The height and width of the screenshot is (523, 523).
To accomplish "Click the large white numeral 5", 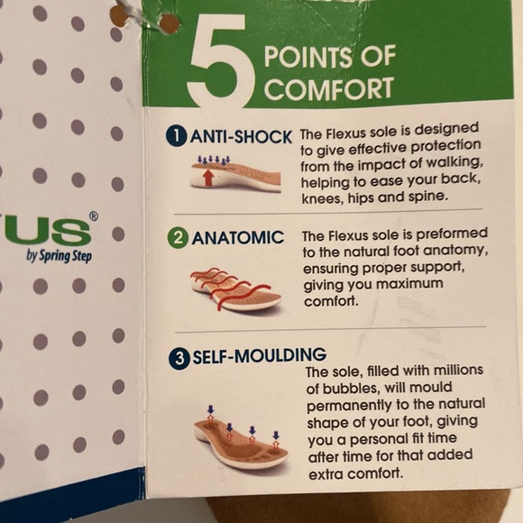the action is pos(218,60).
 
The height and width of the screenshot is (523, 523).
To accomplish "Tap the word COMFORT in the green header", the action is pos(329,88).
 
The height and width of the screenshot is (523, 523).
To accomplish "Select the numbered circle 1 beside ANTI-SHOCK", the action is pos(176,136).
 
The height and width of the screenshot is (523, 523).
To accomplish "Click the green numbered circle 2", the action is pos(178,238).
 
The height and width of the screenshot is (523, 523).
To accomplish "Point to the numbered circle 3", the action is pos(179,359).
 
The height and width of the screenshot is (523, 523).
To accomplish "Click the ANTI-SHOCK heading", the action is pos(241,136).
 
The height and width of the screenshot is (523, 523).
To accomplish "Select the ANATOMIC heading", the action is pos(238,237).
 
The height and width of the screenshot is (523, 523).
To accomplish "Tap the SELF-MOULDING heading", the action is pos(260,355).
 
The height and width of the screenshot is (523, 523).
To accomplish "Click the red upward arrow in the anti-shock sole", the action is pos(208,177).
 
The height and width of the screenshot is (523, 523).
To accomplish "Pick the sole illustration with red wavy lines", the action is pos(235,289).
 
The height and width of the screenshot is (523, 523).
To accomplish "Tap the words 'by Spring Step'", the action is pos(59,256).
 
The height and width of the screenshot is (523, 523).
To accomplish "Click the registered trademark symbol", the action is pos(94,216).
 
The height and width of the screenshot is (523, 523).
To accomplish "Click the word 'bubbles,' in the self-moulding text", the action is pos(349,389).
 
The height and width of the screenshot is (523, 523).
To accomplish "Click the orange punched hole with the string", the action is pos(170,23).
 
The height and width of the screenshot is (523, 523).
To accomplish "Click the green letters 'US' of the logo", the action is pos(50,231).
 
